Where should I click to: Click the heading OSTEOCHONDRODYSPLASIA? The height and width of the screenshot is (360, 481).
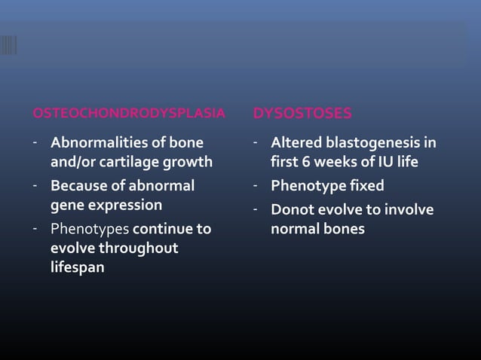129,114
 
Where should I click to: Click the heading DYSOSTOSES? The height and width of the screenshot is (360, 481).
302,114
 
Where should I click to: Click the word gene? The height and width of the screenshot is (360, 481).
66,204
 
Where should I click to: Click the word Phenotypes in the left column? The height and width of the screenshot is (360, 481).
90,228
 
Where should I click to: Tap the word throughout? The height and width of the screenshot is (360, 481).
140,248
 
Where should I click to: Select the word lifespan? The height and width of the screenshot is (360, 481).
78,268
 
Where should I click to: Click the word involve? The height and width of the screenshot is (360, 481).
407,209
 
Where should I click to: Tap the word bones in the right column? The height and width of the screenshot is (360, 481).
343,228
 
